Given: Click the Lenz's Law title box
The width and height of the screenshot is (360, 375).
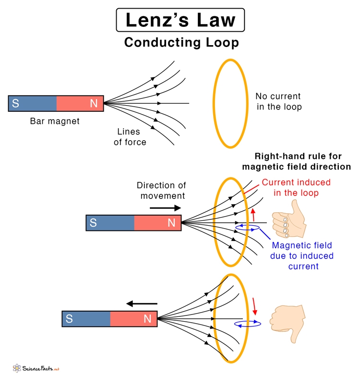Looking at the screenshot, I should (x=180, y=21).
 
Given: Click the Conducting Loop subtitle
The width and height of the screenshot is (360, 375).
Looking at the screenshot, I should (x=181, y=43).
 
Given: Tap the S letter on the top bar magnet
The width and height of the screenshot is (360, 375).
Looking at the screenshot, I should (x=15, y=103).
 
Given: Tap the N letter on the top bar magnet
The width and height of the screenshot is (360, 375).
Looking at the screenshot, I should (x=94, y=103).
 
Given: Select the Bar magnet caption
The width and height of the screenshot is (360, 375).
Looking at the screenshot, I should (x=55, y=121).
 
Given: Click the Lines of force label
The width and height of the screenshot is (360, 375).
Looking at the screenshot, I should (x=130, y=136).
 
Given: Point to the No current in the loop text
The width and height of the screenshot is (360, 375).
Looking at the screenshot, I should (x=279, y=101).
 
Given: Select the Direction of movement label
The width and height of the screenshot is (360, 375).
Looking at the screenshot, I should (x=161, y=191).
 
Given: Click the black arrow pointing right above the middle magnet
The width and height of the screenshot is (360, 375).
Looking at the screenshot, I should (x=165, y=208).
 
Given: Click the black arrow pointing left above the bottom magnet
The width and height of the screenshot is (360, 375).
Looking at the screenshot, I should (x=142, y=303).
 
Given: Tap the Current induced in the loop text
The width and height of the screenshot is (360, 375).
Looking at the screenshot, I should (x=296, y=187).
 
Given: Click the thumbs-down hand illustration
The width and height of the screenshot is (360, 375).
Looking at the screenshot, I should (x=287, y=322).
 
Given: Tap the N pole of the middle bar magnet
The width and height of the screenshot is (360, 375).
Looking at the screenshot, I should (x=171, y=223).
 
